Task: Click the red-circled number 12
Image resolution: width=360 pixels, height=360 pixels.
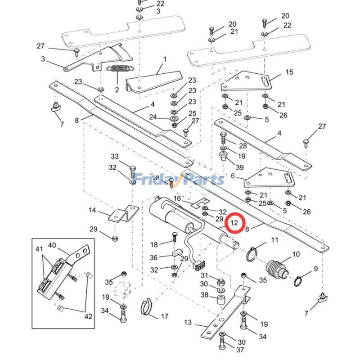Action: point(234,222)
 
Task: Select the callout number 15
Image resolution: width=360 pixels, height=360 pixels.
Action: point(289,72)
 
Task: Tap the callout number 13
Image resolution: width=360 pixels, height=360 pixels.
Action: point(188,322)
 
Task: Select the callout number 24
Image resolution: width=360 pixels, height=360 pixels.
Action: point(153,117)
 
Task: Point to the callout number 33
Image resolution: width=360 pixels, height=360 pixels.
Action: point(114,157)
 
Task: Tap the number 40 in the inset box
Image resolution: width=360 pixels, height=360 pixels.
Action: point(52,245)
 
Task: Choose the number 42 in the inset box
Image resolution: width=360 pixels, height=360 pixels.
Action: point(88,316)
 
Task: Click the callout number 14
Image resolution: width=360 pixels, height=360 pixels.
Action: point(92,210)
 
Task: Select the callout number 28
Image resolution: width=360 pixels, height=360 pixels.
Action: point(243,146)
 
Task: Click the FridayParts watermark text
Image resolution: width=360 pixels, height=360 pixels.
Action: point(180,180)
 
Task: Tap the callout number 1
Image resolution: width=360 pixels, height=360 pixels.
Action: point(165,59)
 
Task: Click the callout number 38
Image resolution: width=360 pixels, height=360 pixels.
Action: point(204,295)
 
